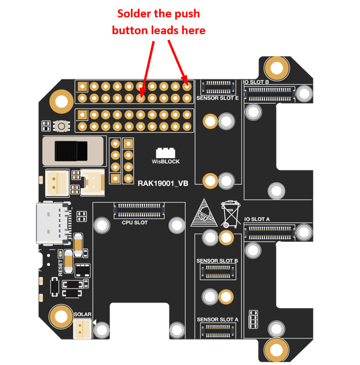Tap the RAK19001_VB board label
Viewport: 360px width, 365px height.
pos(162,183)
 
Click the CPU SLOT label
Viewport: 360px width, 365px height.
pos(134,222)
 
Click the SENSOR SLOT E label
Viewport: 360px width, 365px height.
pos(218,98)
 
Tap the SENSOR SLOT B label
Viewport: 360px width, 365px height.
pos(217,261)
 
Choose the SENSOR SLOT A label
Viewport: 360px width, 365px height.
pos(217,319)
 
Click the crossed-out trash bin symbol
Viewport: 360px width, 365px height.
pos(230,213)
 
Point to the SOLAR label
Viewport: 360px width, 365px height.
pos(83,314)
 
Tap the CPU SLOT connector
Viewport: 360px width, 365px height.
pos(138,207)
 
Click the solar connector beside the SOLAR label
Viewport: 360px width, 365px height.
pos(82,328)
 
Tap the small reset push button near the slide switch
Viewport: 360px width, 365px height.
pos(60,126)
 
